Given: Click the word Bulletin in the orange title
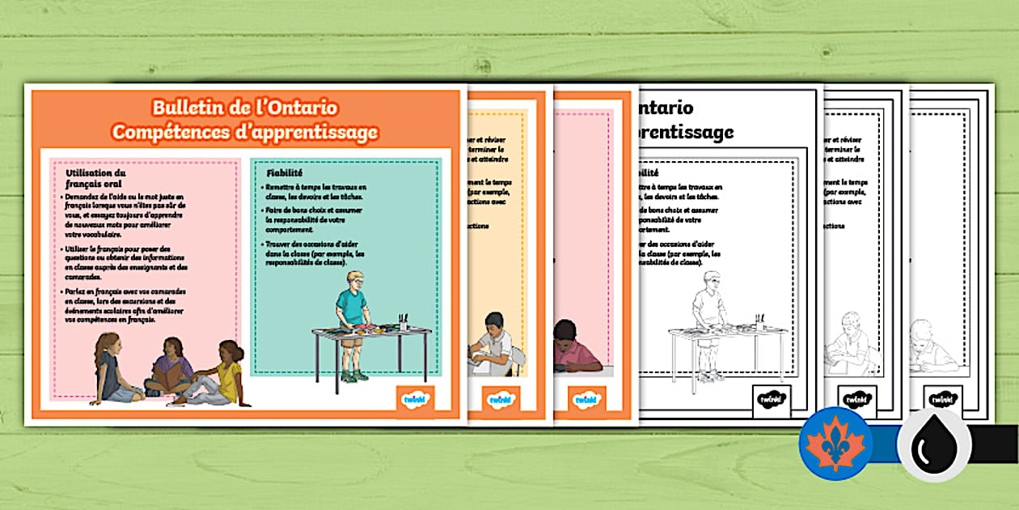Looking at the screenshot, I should (192, 108).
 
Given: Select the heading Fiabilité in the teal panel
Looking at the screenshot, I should (285, 172).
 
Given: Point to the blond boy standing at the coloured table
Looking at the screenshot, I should (352, 312).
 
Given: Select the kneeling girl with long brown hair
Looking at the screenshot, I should (108, 368).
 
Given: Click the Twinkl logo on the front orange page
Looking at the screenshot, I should (416, 398).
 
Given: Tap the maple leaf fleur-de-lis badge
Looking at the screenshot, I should (835, 444).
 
